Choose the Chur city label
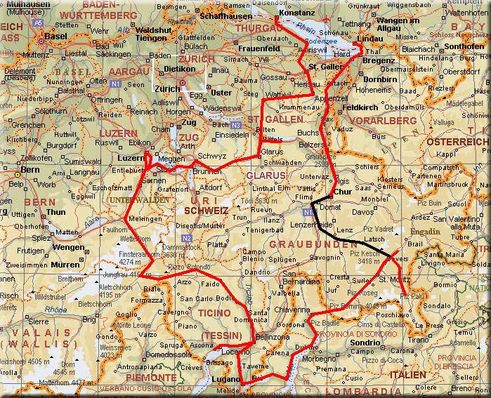click(342, 191)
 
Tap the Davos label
click(363, 211)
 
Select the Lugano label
click(223, 379)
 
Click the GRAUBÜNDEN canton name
click(307, 245)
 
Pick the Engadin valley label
click(426, 231)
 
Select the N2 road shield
click(185, 239)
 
